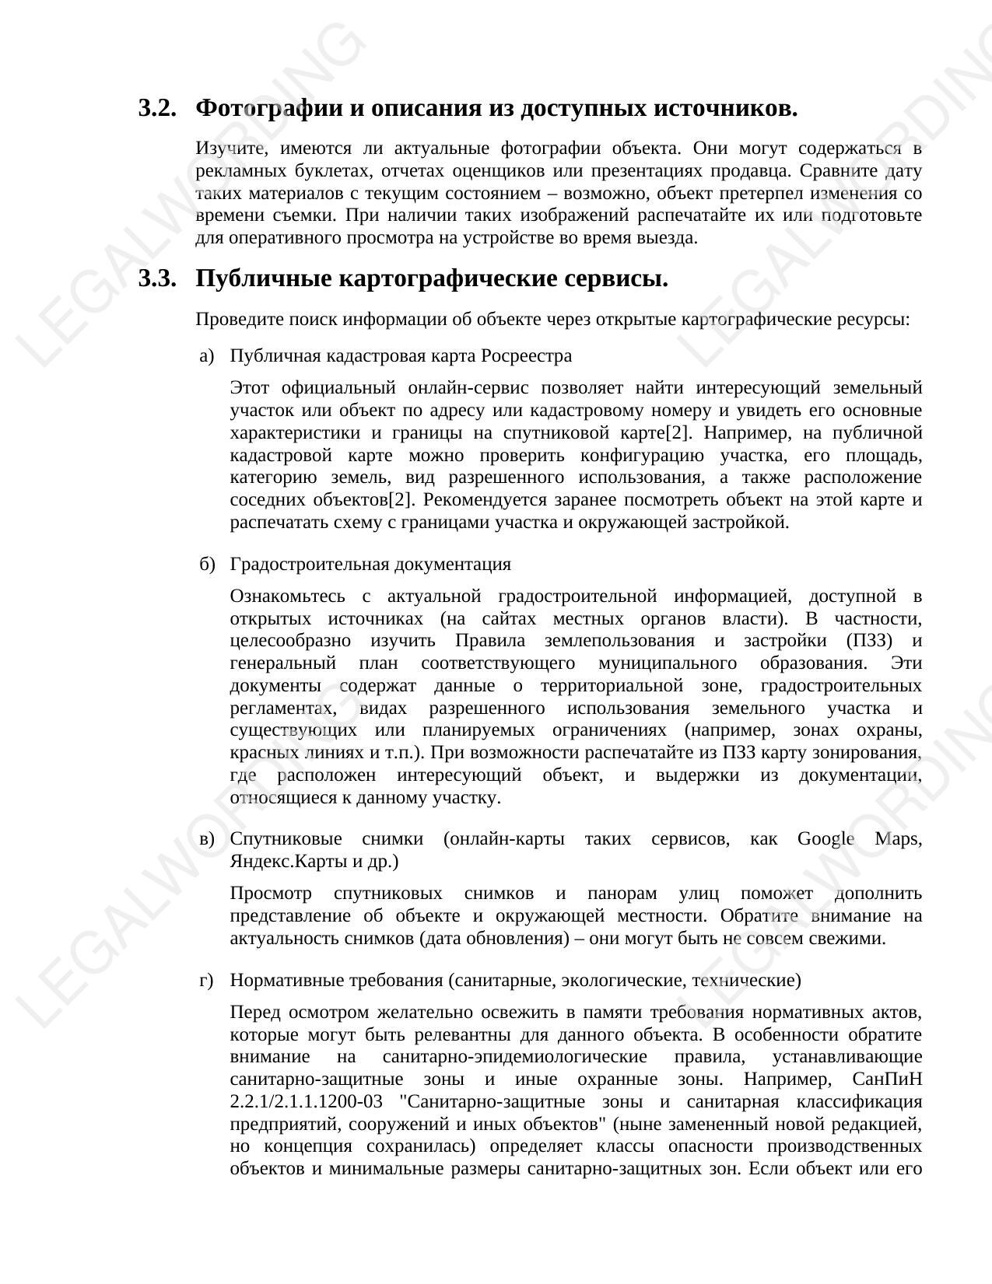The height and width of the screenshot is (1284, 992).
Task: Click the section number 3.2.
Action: [x=157, y=108]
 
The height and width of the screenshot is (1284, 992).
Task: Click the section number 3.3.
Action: [x=157, y=278]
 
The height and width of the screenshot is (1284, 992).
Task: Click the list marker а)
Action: [x=206, y=356]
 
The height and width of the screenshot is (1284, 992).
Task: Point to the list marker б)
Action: [x=206, y=565]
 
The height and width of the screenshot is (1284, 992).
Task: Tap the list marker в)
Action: [x=206, y=839]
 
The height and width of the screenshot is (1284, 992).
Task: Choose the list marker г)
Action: [x=206, y=981]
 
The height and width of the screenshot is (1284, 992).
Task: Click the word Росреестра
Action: [x=527, y=356]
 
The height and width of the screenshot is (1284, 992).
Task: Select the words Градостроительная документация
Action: [x=370, y=565]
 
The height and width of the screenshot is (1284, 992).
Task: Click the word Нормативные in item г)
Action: [x=283, y=981]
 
